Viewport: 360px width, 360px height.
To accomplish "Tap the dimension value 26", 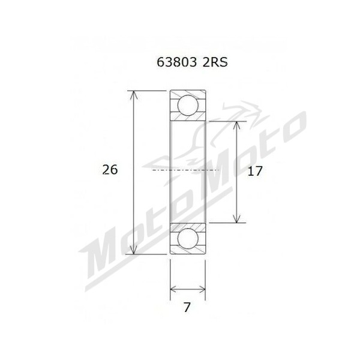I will point(110,170).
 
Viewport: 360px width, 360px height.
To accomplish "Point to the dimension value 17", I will point(254,171).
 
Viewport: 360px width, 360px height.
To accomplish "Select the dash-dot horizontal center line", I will point(187,171).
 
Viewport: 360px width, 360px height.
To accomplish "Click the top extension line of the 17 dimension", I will point(228,121).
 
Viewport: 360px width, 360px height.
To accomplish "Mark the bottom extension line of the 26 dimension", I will point(150,254).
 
